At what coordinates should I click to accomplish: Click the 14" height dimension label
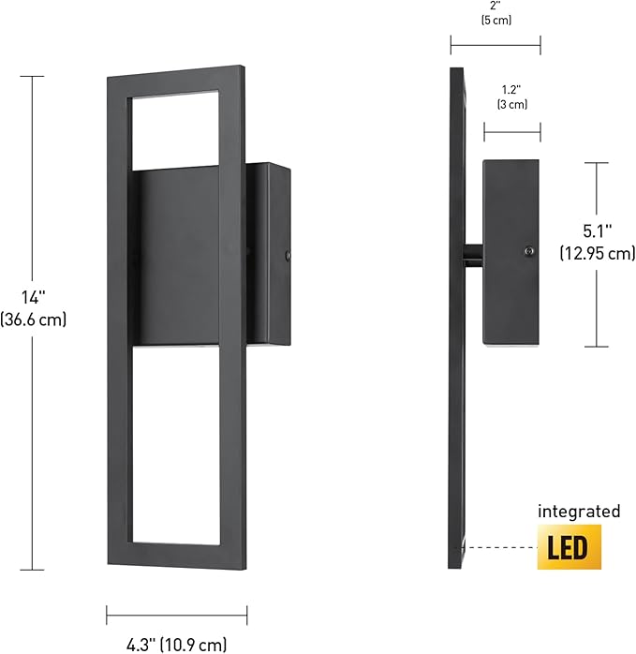pos(35,298)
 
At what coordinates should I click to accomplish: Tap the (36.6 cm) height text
pos(35,320)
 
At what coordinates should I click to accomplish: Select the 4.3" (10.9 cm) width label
pos(176,643)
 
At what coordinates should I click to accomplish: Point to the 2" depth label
pos(495,4)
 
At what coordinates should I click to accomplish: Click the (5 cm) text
pos(495,20)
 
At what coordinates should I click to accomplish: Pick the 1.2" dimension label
pos(511,90)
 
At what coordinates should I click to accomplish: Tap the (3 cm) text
pos(511,105)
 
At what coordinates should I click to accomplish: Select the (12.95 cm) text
pos(597,253)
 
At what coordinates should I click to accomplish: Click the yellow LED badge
pos(568,547)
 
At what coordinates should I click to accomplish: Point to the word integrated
pos(579,512)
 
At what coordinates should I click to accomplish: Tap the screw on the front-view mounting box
pos(288,254)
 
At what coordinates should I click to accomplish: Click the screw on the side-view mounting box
pos(529,250)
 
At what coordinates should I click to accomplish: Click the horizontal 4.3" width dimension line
pos(176,615)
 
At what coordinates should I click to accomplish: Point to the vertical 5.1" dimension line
pos(597,300)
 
